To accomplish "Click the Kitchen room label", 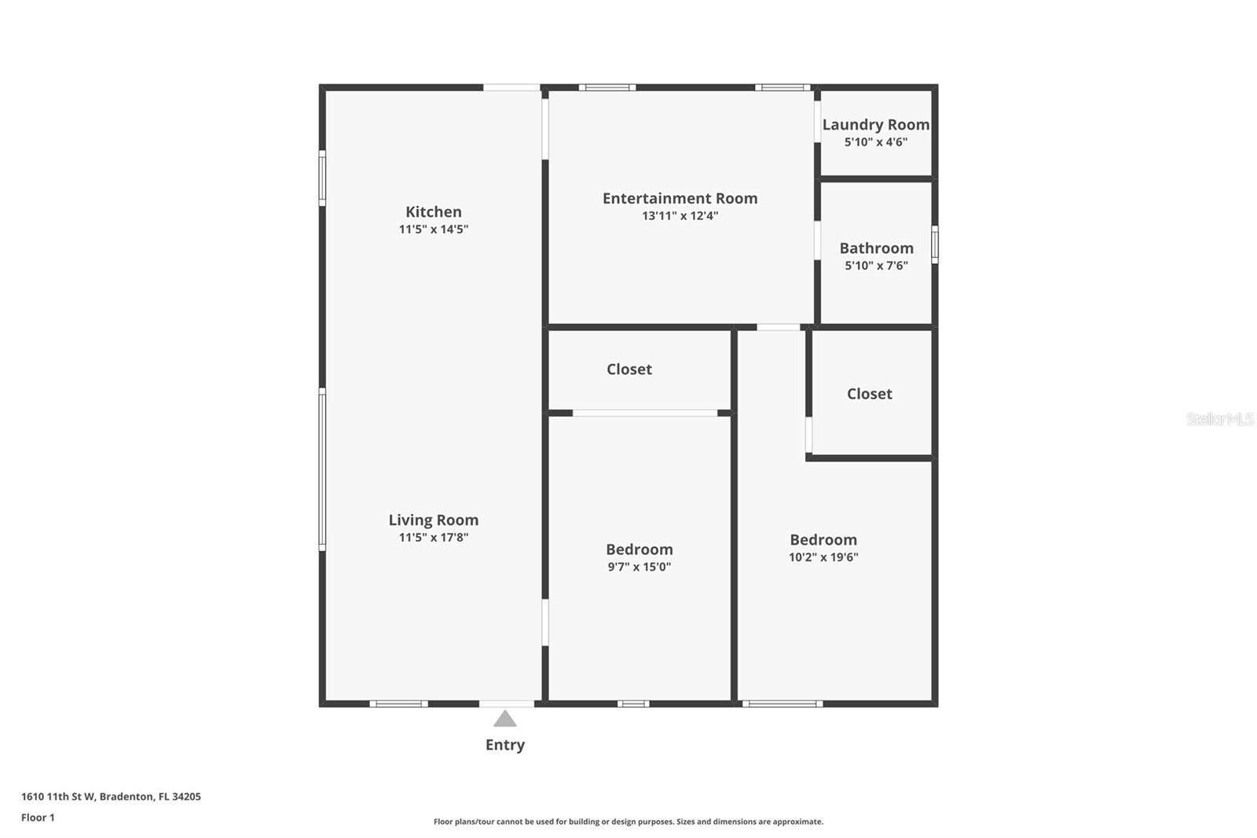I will coord(433,211).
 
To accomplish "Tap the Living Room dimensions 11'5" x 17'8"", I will coord(433,538).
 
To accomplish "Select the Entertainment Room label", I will coord(680,198).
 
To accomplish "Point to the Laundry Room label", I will coord(875,124).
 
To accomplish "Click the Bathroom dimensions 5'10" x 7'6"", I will coord(876,266).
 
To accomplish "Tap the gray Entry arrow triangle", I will coord(505,719).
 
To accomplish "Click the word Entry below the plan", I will coord(505,744).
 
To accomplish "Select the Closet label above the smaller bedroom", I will coord(628,369).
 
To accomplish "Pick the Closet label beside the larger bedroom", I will coord(869,393).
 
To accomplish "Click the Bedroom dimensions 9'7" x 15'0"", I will coord(639,567).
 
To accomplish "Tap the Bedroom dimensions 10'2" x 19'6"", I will coord(823,557).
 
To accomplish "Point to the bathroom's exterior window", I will coord(934,244).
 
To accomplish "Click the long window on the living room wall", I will coord(322,469).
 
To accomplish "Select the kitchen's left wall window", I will coord(322,178).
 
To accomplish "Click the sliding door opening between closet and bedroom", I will coord(645,413).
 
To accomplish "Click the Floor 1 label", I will coord(38,818).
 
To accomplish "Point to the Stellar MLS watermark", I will coord(1219,419).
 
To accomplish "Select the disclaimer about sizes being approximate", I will coord(628,821).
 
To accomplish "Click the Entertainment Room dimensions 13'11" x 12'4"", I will coord(680,216).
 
